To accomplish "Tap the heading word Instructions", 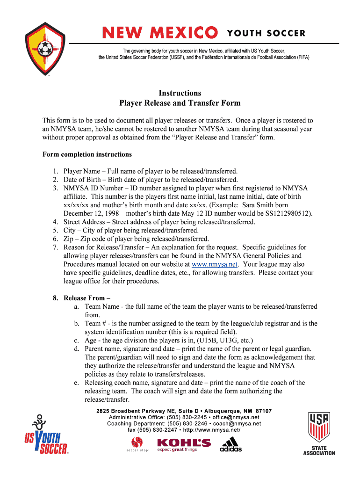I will click(x=180, y=93).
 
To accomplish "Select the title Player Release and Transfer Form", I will click(x=180, y=103).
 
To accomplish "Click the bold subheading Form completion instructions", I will click(x=87, y=154).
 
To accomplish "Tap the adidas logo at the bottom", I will click(x=231, y=444).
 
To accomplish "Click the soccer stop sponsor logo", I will click(x=137, y=444).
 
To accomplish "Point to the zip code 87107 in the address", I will click(x=263, y=411).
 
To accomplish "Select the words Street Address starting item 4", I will click(x=85, y=222).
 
